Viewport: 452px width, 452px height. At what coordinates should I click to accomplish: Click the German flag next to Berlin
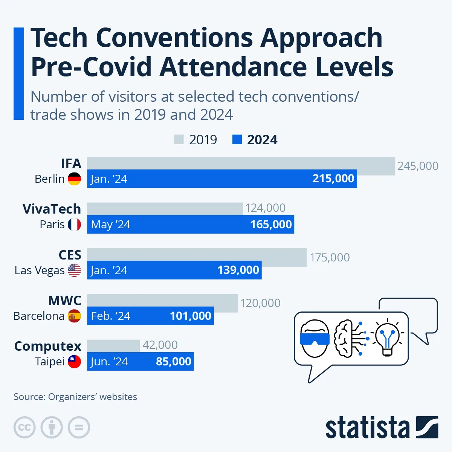point(75,179)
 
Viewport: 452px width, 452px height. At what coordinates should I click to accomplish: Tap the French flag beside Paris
point(75,224)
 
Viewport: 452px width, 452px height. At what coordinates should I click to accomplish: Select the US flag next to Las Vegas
point(75,270)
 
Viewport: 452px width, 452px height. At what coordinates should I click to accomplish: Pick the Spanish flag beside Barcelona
point(75,316)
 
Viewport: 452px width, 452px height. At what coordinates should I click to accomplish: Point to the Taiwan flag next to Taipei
point(75,362)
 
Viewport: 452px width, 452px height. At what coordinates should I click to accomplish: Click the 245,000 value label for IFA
point(418,166)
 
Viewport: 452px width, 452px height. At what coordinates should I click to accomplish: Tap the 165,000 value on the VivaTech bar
point(271,224)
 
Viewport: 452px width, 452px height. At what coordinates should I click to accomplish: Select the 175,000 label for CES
point(330,258)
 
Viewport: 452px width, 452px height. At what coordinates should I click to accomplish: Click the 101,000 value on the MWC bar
point(190,316)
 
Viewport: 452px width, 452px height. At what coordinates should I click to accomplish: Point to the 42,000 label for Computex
point(160,345)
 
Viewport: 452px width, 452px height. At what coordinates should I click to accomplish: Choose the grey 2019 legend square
point(179,140)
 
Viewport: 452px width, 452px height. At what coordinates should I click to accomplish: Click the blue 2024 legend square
point(237,140)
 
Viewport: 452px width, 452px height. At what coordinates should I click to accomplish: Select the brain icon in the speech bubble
point(344,338)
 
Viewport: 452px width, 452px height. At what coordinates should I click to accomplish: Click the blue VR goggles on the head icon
point(315,339)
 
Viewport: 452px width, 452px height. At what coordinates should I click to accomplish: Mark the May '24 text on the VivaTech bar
point(110,224)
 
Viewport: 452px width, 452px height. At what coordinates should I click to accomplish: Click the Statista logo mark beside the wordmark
point(427,427)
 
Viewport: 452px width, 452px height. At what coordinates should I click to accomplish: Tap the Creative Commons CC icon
point(24,428)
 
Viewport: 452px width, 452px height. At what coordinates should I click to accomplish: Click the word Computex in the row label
point(48,346)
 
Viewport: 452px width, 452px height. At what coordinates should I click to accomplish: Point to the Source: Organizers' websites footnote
point(75,397)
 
